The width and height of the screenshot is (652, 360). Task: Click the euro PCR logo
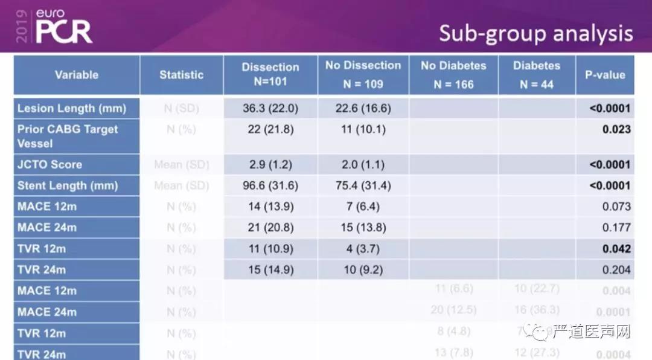tap(63, 27)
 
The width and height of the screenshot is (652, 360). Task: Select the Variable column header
tap(77, 75)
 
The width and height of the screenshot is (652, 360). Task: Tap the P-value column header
tap(605, 75)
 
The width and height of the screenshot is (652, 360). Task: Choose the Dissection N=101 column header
tap(270, 74)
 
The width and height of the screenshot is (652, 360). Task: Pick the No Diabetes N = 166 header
tap(453, 74)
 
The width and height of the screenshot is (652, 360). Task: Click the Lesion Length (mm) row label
tap(72, 109)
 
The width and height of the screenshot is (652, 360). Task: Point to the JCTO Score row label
tap(50, 164)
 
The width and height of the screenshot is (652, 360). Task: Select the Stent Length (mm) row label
tap(68, 185)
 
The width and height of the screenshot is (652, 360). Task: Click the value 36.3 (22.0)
tap(270, 109)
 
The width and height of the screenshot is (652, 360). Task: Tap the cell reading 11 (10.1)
tap(363, 129)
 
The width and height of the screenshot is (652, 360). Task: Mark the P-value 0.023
tap(616, 129)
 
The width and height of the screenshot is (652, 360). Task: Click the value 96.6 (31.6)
tap(270, 185)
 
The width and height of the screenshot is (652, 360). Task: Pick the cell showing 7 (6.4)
tap(363, 207)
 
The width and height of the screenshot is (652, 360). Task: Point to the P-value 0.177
tap(616, 228)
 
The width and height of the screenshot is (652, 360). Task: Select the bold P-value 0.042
tap(616, 249)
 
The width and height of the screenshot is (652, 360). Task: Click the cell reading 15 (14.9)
tap(270, 270)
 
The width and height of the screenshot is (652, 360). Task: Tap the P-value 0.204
tap(616, 270)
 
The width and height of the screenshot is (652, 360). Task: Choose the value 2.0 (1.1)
tap(363, 164)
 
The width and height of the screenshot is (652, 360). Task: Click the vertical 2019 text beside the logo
tap(22, 26)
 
